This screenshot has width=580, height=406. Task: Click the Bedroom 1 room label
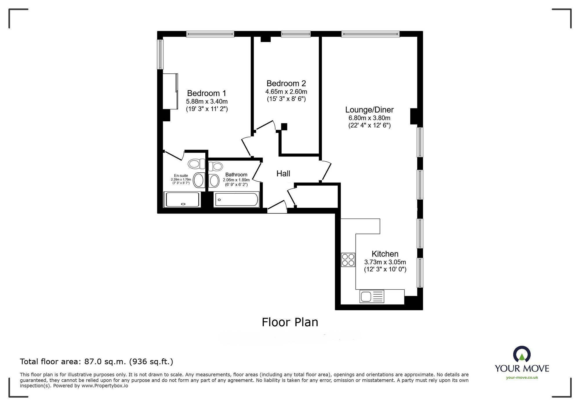(206, 93)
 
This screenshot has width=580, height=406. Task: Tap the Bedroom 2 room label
(286, 84)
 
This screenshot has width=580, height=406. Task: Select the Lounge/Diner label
(369, 110)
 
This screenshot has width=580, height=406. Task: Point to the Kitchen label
(385, 254)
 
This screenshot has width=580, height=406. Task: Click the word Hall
(283, 174)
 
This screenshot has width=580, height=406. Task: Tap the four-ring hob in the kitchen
(348, 260)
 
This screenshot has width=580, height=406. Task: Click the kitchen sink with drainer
(372, 297)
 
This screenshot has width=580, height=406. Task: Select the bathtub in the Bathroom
(237, 199)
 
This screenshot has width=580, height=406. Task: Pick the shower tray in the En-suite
(182, 199)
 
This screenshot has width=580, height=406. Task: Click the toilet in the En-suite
(196, 164)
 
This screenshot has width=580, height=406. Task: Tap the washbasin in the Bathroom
(214, 181)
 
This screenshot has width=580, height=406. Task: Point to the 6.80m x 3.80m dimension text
(369, 118)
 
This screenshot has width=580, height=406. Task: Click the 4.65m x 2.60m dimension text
(286, 92)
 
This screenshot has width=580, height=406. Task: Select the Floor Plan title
(290, 322)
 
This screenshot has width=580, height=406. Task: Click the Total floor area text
(97, 362)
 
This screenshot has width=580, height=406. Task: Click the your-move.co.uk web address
(522, 378)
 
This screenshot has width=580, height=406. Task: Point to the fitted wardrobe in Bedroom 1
(171, 91)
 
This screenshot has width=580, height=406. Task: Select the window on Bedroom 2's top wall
(296, 34)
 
